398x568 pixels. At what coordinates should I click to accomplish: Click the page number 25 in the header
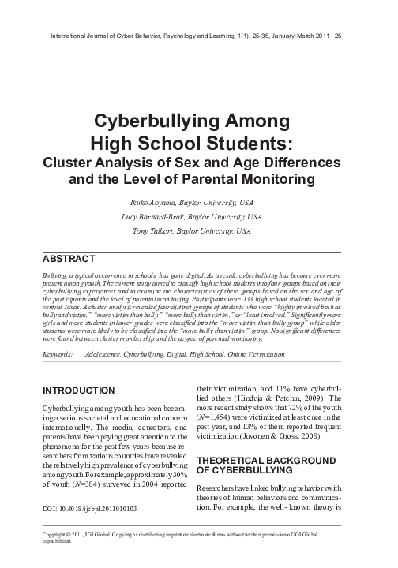coord(339,35)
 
